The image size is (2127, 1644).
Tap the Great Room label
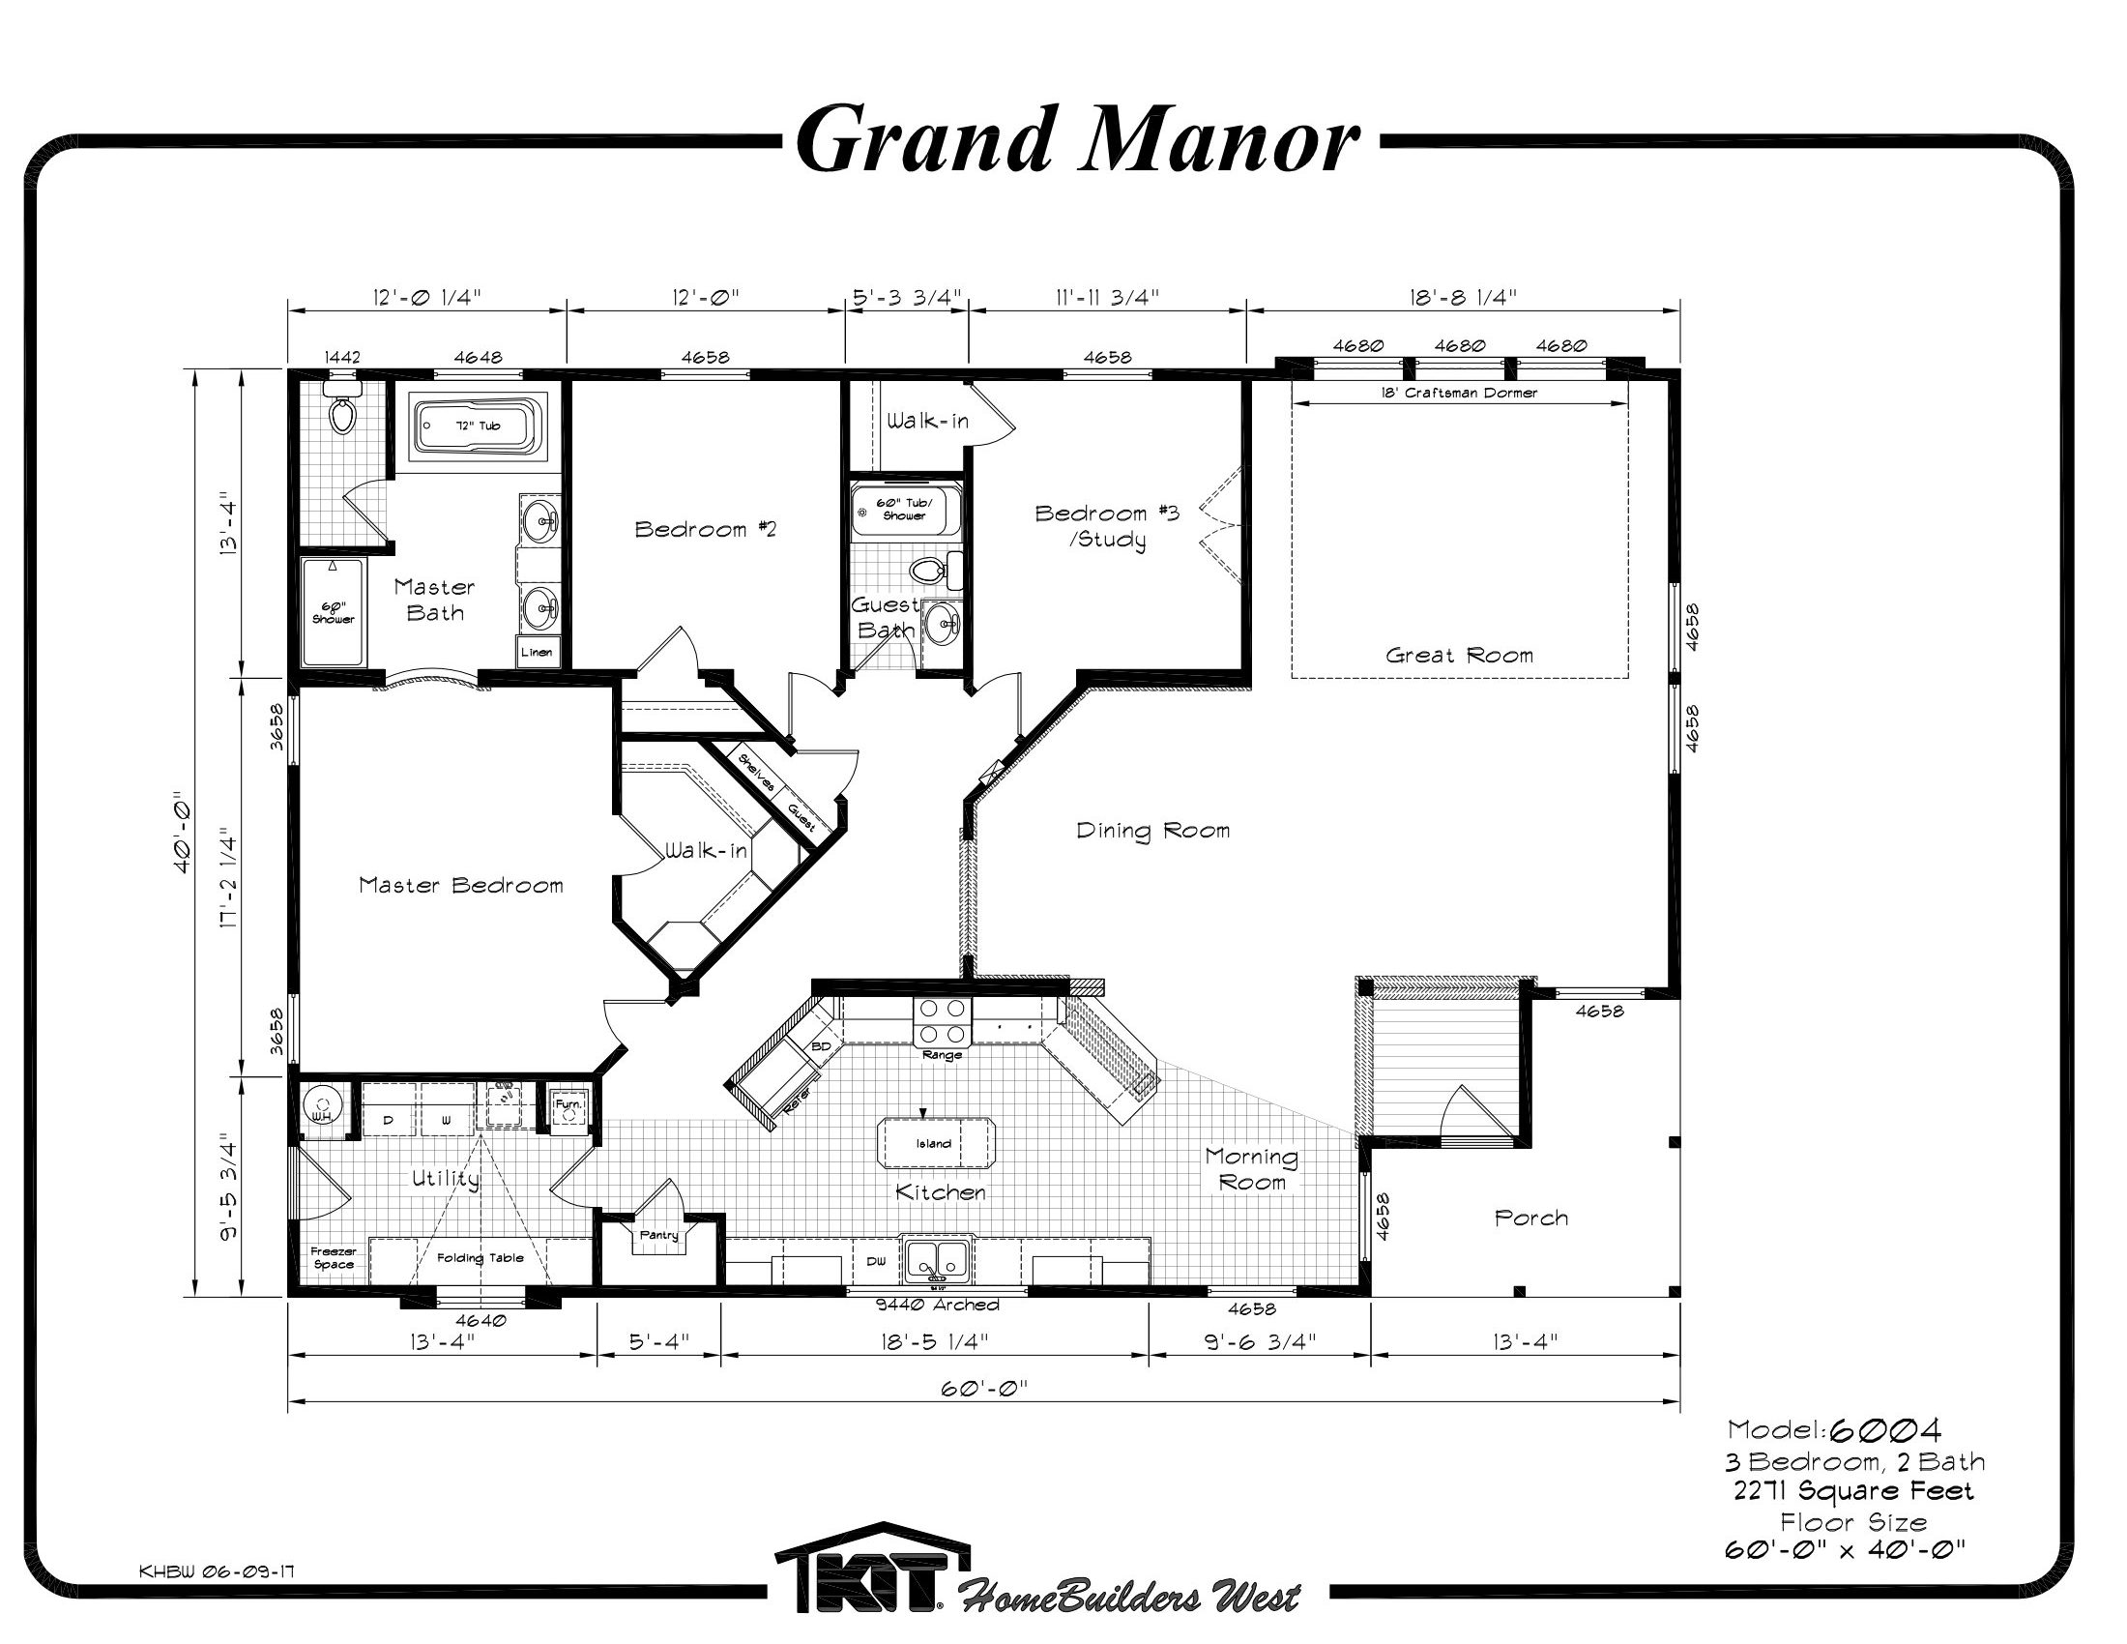(x=1459, y=656)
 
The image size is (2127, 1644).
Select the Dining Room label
(x=1153, y=831)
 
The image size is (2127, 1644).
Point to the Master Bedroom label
(x=460, y=885)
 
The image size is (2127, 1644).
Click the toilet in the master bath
(x=341, y=409)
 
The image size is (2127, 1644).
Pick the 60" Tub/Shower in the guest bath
(x=905, y=511)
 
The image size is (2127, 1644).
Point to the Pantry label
(x=658, y=1236)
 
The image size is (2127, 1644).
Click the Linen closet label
(x=537, y=653)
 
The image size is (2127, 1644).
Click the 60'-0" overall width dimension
(x=984, y=1388)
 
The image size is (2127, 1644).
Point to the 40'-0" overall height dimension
(x=181, y=837)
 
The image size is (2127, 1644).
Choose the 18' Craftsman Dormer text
(x=1459, y=394)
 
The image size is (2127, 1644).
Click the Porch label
(x=1531, y=1218)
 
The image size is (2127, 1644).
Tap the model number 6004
(x=1885, y=1429)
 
